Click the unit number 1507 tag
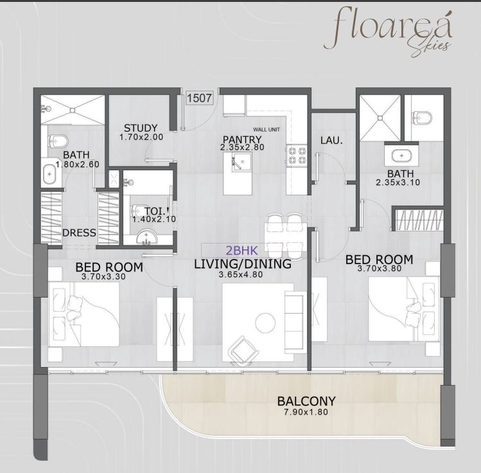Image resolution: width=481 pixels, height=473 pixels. [x=199, y=98]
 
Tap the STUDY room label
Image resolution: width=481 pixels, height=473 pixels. [x=141, y=128]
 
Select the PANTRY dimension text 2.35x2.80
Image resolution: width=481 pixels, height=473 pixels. [x=242, y=147]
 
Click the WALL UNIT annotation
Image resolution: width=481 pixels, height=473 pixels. [x=267, y=130]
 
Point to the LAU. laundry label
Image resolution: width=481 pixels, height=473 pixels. [x=331, y=141]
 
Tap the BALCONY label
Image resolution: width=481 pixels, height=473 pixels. [x=306, y=401]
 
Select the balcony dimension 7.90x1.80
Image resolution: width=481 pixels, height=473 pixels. [x=306, y=412]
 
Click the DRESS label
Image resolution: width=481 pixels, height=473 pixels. [x=79, y=233]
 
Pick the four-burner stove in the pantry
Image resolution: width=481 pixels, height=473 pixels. [x=297, y=156]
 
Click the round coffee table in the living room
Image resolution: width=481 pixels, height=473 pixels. [x=265, y=323]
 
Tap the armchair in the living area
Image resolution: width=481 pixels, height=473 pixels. [x=243, y=350]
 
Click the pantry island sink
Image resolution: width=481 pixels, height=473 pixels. [x=241, y=162]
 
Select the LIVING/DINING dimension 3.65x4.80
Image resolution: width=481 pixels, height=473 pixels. [x=241, y=274]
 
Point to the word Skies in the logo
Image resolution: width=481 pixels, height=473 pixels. [x=432, y=46]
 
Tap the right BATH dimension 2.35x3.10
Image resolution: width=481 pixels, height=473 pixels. [x=398, y=183]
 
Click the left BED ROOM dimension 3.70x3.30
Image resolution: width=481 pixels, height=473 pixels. [x=103, y=276]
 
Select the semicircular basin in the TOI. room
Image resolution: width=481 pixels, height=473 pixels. [x=146, y=237]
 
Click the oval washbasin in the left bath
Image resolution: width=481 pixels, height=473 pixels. [x=49, y=174]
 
